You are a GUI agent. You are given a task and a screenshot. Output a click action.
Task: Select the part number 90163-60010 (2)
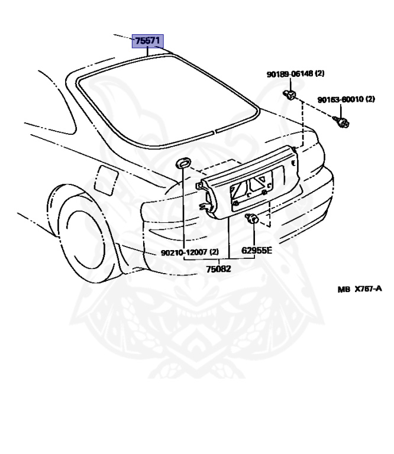pyautogui.click(x=346, y=99)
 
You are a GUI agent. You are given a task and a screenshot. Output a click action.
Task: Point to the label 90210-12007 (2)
pyautogui.click(x=189, y=252)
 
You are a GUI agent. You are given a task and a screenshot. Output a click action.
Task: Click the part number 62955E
pyautogui.click(x=257, y=250)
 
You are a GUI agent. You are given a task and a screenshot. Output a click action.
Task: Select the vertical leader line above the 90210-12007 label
pyautogui.click(x=184, y=207)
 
